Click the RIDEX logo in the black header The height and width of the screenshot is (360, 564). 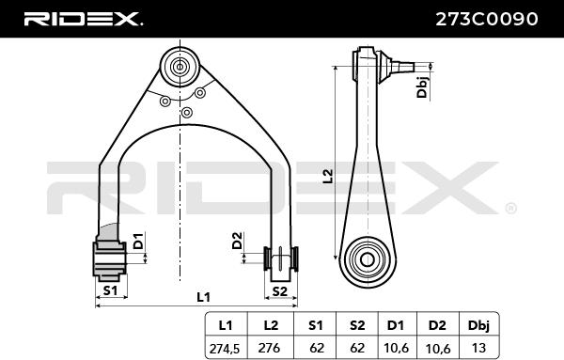[x=83, y=19]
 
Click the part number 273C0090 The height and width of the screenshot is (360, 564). [x=487, y=19]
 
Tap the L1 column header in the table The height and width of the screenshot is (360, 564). [x=226, y=325]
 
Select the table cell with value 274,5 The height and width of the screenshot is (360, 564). [x=226, y=349]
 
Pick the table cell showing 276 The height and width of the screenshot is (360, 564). [x=270, y=348]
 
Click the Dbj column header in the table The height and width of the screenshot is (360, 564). [x=478, y=326]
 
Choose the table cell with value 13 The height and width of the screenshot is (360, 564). [x=478, y=348]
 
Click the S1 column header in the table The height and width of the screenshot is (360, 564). [x=315, y=325]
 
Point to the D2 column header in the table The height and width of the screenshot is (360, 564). [x=437, y=325]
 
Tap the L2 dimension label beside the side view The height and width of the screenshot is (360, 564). [x=328, y=176]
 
